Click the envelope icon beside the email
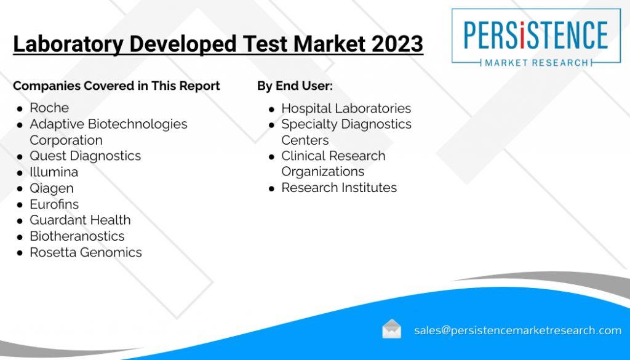pyautogui.click(x=391, y=329)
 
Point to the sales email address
pyautogui.click(x=517, y=330)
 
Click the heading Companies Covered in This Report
pyautogui.click(x=116, y=86)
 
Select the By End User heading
pyautogui.click(x=295, y=86)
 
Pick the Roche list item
pyautogui.click(x=49, y=108)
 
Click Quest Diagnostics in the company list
pyautogui.click(x=85, y=156)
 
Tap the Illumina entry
pyautogui.click(x=54, y=172)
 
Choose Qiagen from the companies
pyautogui.click(x=51, y=188)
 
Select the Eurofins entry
pyautogui.click(x=54, y=204)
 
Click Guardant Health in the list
pyautogui.click(x=80, y=220)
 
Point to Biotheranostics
pyautogui.click(x=77, y=236)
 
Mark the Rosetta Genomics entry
pyautogui.click(x=86, y=252)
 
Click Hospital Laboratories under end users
pyautogui.click(x=346, y=108)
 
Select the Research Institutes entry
pyautogui.click(x=339, y=187)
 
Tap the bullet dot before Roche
pyautogui.click(x=20, y=108)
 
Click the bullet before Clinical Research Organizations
pyautogui.click(x=272, y=157)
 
